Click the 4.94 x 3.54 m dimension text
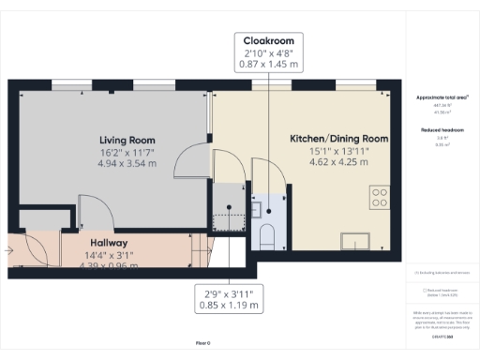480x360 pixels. [127, 162]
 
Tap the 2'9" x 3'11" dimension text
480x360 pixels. [228, 293]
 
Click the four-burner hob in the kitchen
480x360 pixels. [381, 198]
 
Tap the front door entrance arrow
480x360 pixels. [9, 250]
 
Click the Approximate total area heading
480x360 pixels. [442, 97]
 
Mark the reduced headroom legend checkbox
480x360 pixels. [425, 291]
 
